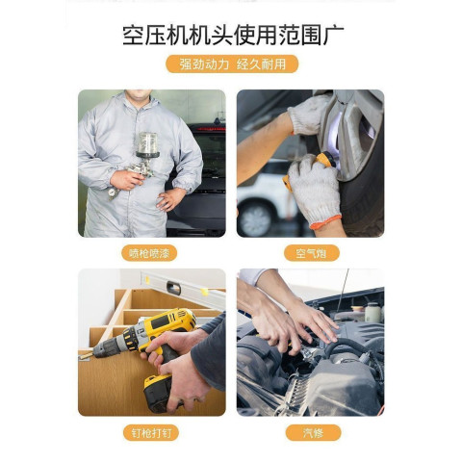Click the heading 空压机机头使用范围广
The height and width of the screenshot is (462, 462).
click(233, 35)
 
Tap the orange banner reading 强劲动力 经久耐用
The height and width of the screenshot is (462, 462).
click(232, 64)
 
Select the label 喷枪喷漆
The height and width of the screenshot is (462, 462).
click(149, 253)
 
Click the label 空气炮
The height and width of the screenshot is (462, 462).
click(312, 253)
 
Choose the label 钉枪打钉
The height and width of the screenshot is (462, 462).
click(151, 433)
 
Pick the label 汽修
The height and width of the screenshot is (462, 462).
click(313, 433)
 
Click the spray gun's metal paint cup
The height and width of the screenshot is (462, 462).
click(147, 144)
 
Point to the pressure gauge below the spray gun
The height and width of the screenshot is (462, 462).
click(113, 193)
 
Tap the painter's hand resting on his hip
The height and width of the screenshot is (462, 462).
click(170, 199)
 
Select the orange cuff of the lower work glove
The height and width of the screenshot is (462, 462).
click(325, 221)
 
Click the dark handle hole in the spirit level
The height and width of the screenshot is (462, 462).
click(174, 288)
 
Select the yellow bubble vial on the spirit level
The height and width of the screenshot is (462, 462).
click(204, 292)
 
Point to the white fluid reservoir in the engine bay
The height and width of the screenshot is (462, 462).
click(373, 312)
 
